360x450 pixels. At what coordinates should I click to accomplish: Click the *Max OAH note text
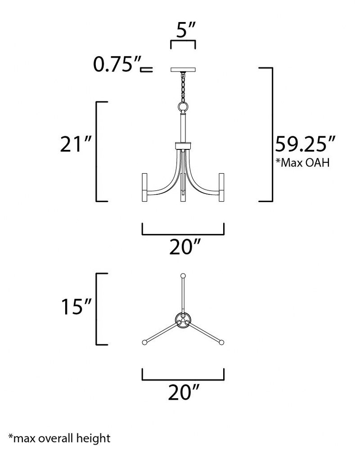[302, 162]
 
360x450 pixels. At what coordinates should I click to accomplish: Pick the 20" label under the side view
[184, 247]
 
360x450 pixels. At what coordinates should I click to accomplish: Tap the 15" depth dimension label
[76, 306]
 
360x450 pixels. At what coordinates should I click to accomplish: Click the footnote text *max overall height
[59, 438]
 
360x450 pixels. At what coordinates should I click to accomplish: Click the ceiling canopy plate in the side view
[183, 69]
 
